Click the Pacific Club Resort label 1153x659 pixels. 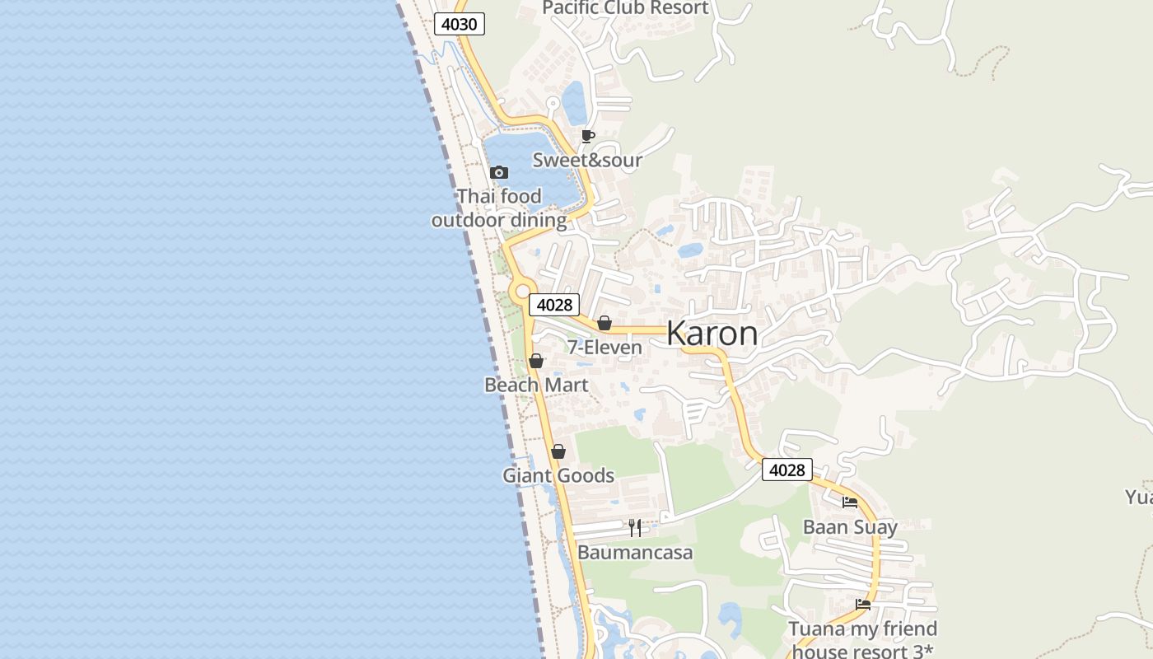[x=625, y=8]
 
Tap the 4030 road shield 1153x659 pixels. [x=459, y=24]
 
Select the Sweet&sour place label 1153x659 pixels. [x=587, y=160]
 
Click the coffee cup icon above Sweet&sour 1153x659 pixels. [x=587, y=136]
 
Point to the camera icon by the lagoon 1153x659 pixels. [x=498, y=172]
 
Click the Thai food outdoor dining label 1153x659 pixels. [x=499, y=208]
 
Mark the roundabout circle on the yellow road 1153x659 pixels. [x=521, y=291]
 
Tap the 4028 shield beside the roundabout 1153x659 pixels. [x=554, y=305]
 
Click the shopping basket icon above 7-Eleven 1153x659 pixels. [x=605, y=323]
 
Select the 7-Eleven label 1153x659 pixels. [x=605, y=348]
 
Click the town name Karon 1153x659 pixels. [x=712, y=334]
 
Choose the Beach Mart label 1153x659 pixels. [x=536, y=385]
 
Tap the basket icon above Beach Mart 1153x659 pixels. [x=536, y=361]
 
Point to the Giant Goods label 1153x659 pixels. [x=558, y=475]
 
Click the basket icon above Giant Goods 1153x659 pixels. [x=558, y=451]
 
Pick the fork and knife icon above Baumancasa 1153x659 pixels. [x=635, y=527]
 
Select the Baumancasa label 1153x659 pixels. [x=635, y=552]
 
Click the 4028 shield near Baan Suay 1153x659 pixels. [x=787, y=470]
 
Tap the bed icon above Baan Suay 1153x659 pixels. [x=850, y=502]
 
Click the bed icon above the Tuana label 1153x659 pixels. [x=863, y=604]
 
